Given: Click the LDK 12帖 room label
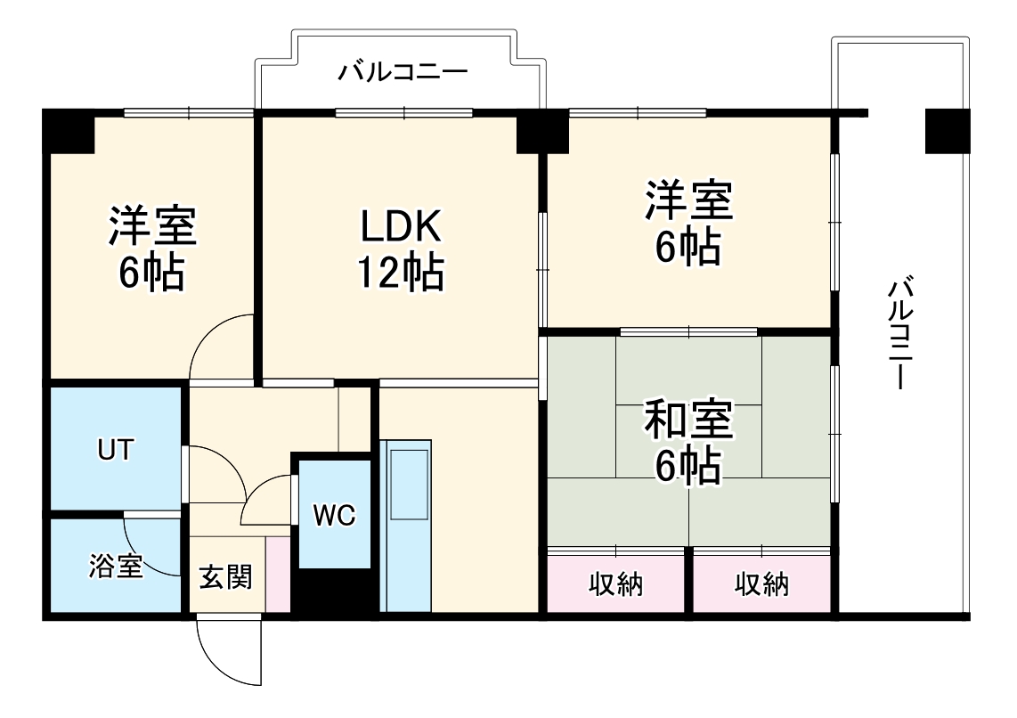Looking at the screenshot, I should pyautogui.click(x=400, y=250).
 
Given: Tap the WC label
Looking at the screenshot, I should pyautogui.click(x=334, y=515).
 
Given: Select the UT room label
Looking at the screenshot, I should pyautogui.click(x=116, y=450).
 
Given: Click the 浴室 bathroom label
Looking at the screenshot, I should pyautogui.click(x=116, y=567).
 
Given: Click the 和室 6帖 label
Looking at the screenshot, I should pyautogui.click(x=688, y=443).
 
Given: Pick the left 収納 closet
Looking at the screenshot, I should pyautogui.click(x=616, y=584).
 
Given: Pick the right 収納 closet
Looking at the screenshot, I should pyautogui.click(x=761, y=584).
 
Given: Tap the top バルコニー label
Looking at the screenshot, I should pyautogui.click(x=403, y=72).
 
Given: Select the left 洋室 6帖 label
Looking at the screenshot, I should pyautogui.click(x=151, y=250).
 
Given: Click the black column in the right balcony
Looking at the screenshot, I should pyautogui.click(x=947, y=130).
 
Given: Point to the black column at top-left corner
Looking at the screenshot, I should pyautogui.click(x=69, y=130).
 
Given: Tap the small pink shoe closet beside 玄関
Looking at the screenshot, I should pyautogui.click(x=277, y=574).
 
